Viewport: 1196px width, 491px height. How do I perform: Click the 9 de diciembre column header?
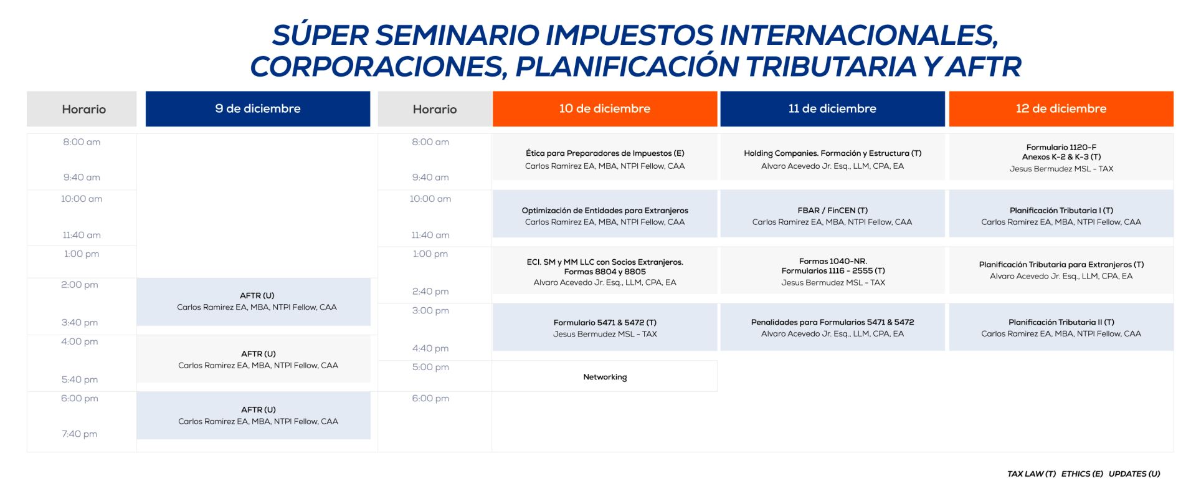coord(258,109)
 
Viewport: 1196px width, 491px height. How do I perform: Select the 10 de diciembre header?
coord(605,109)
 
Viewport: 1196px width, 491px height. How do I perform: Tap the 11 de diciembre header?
coord(832,109)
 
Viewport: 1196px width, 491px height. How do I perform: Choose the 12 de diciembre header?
coord(1061,109)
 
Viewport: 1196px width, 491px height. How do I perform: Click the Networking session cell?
coord(605,377)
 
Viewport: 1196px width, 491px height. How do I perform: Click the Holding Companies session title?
coord(832,153)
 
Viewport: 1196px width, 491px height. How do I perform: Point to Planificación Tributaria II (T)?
coord(1061,322)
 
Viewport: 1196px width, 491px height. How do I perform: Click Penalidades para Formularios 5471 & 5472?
coord(832,322)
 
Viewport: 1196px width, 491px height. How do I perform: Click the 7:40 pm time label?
coord(79,434)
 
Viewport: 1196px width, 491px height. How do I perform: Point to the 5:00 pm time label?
coord(430,367)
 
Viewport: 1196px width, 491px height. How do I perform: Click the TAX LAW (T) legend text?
coord(1032,474)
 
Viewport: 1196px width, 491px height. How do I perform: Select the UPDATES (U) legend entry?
coord(1134,474)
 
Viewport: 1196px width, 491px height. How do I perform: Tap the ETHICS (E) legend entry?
coord(1082,474)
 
